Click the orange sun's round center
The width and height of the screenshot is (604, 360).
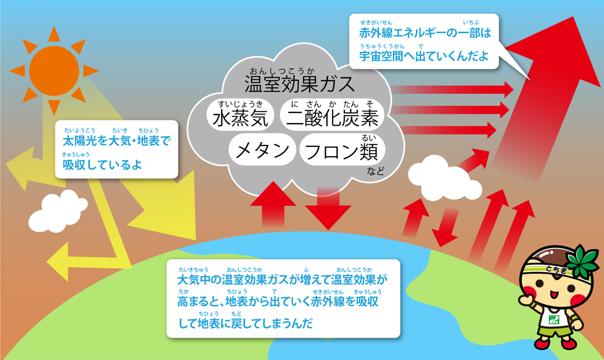point(54,71)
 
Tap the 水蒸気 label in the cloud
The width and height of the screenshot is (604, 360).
point(240,118)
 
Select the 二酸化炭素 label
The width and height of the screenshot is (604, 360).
point(332,118)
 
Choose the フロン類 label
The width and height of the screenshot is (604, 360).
point(341,151)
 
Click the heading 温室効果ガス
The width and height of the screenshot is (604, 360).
point(299,84)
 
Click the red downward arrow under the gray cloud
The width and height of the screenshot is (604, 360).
point(328,209)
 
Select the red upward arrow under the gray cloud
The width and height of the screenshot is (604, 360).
point(273,205)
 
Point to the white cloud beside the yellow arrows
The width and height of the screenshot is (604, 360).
point(58,211)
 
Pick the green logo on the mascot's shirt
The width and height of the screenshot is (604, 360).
point(554,319)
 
